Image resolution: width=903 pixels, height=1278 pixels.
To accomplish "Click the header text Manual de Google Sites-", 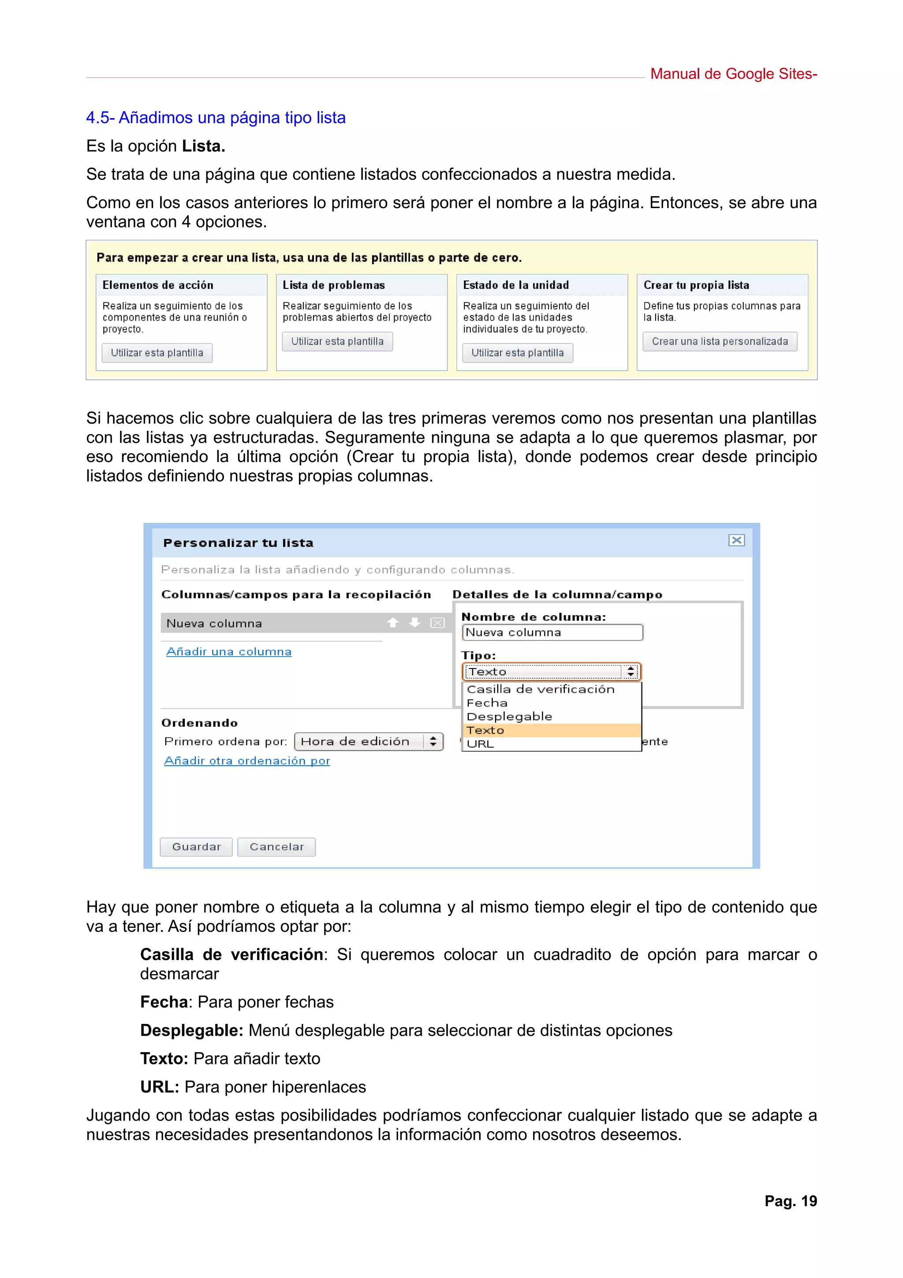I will (x=733, y=74).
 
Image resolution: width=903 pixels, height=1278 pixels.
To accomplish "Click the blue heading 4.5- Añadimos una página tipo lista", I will (x=216, y=118).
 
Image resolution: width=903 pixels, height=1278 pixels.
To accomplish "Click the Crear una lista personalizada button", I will (x=720, y=342).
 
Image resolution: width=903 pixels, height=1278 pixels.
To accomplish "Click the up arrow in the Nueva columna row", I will (x=393, y=623).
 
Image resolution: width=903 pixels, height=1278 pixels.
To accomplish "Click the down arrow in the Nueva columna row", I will (x=414, y=623).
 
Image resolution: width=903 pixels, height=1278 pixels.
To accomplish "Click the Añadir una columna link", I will (x=229, y=652).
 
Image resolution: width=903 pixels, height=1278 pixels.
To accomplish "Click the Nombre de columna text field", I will (x=552, y=633).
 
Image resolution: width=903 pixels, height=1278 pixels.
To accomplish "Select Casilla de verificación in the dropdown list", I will (x=540, y=690).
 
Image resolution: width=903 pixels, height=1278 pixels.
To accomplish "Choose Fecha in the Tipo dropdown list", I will (x=487, y=703).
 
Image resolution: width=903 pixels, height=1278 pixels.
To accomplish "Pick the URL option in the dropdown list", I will (x=481, y=744).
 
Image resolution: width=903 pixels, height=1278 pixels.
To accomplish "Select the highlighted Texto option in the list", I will (x=486, y=730).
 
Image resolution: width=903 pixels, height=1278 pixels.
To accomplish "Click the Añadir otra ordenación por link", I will (x=247, y=761).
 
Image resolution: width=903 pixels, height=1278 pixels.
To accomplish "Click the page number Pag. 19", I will (x=790, y=1201).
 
